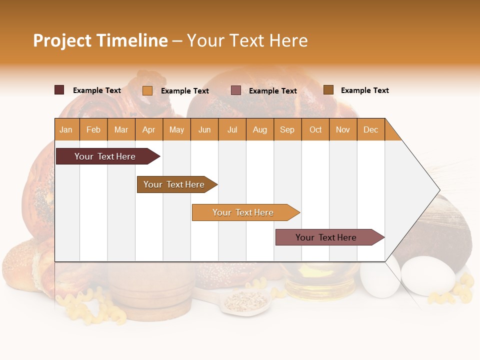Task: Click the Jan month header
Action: click(x=66, y=129)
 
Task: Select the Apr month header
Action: click(x=149, y=129)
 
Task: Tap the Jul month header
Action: click(x=232, y=129)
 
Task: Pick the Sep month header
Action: click(x=287, y=129)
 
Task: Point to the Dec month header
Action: click(x=370, y=129)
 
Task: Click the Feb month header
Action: click(x=93, y=129)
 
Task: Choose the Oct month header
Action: click(x=315, y=129)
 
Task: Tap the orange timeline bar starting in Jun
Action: click(x=243, y=212)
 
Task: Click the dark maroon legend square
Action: click(x=59, y=90)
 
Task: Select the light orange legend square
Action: click(x=147, y=90)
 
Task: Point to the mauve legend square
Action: click(x=235, y=90)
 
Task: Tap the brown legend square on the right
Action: click(x=328, y=90)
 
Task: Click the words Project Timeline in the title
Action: click(x=100, y=40)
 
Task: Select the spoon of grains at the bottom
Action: click(x=245, y=301)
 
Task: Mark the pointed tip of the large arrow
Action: click(x=439, y=190)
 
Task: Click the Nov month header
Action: click(x=343, y=129)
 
